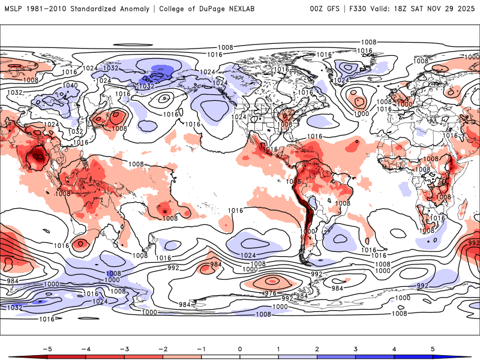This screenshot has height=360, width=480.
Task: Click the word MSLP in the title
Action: click(x=14, y=9)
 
